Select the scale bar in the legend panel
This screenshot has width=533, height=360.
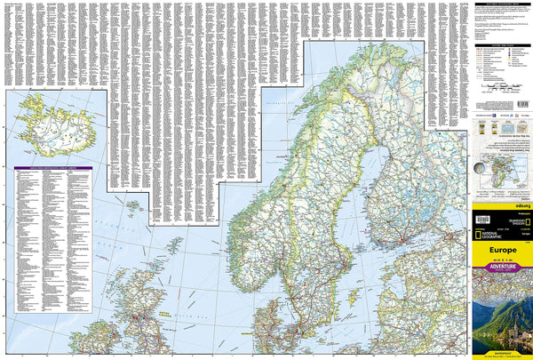(504, 89)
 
